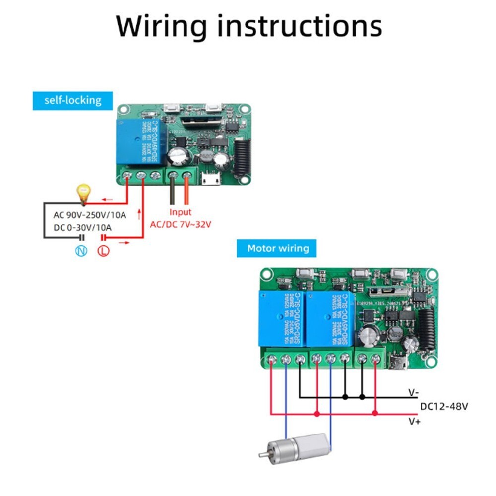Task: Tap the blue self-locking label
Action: (72, 100)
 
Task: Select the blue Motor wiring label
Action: (278, 248)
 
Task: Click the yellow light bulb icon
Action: (83, 194)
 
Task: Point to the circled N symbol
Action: (81, 251)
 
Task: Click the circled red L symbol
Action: (104, 251)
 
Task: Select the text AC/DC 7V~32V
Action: (181, 224)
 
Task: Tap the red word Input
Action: (181, 212)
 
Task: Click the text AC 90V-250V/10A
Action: (89, 215)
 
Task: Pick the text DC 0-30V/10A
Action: (83, 228)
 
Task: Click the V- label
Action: (414, 393)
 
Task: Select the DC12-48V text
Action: (443, 407)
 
